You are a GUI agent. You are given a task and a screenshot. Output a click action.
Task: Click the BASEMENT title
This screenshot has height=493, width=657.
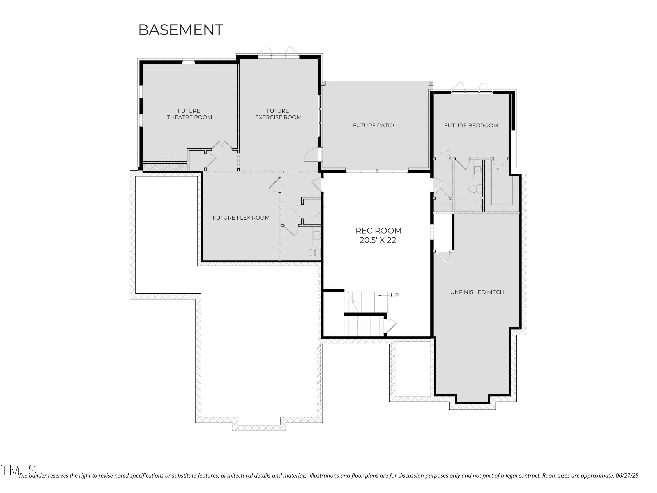(x=181, y=30)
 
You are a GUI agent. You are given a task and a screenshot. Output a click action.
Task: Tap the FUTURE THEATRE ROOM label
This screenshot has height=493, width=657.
(x=189, y=114)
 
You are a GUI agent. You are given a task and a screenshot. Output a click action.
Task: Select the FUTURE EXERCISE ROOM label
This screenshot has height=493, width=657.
(x=278, y=114)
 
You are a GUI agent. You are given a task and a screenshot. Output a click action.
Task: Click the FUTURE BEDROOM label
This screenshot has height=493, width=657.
(x=471, y=125)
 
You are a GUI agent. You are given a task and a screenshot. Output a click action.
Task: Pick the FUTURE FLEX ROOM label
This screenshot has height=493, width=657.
(x=241, y=218)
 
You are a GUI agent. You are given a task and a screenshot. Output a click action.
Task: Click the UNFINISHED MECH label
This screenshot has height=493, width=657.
(x=477, y=292)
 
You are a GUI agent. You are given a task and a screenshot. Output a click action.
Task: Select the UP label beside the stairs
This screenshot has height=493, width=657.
(x=394, y=295)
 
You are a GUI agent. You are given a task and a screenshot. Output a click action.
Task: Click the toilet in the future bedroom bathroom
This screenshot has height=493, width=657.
(x=475, y=189)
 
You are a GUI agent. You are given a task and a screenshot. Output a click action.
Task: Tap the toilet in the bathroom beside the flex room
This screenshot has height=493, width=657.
(x=314, y=253)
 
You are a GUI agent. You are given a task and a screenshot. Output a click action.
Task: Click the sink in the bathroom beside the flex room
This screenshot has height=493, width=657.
(x=317, y=236)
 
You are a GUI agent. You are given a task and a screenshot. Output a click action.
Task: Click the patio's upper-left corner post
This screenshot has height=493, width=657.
(x=323, y=83)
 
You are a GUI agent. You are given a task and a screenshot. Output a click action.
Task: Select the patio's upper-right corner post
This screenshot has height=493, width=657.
(x=431, y=83)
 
